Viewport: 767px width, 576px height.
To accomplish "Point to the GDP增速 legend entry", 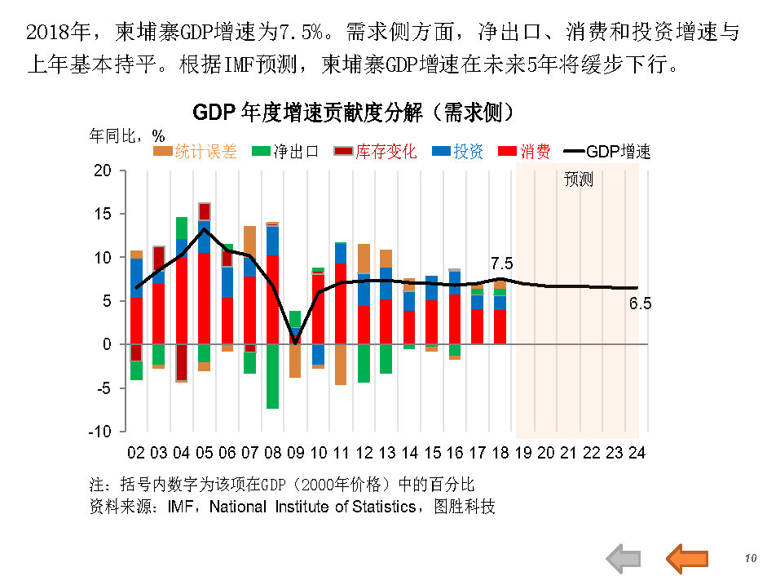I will (x=606, y=152).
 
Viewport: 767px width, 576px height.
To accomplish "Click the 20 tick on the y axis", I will (x=102, y=171).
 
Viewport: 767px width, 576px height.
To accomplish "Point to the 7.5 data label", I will (x=501, y=264).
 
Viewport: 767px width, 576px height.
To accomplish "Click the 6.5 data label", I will (x=640, y=304).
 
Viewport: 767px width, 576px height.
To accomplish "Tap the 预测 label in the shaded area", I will (x=579, y=180).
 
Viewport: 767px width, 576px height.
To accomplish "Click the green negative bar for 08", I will (x=272, y=376).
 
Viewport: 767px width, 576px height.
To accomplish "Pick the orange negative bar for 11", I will (x=341, y=364).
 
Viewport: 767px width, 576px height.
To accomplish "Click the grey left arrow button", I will (x=624, y=558).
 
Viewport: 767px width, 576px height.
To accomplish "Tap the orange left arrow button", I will (x=687, y=558).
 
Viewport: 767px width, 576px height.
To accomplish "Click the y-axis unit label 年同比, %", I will (x=126, y=135).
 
